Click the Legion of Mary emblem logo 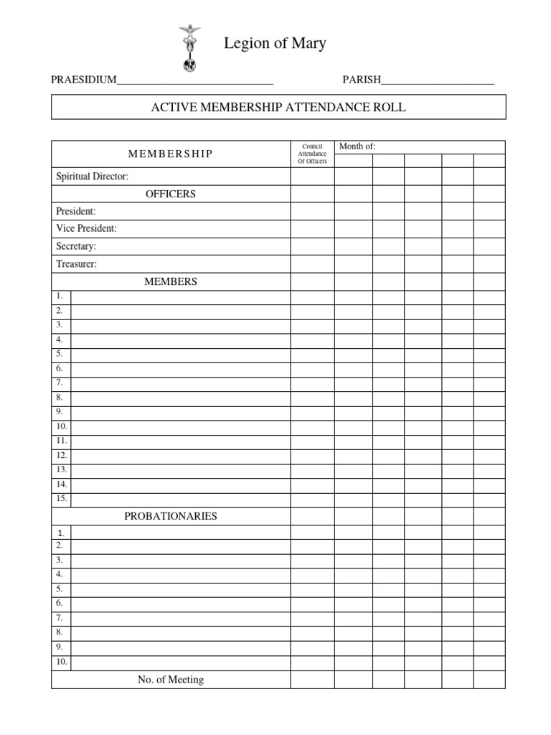(x=190, y=49)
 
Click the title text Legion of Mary (x=275, y=44)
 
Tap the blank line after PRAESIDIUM (x=194, y=80)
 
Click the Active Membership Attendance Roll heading (x=278, y=108)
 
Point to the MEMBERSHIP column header (x=170, y=154)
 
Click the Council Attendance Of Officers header (x=312, y=154)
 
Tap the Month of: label (x=357, y=146)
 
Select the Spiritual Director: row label (x=92, y=176)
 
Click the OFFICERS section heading (x=170, y=194)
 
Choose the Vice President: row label (x=86, y=228)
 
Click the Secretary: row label (x=76, y=246)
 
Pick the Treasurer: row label (x=76, y=264)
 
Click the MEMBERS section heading (x=170, y=281)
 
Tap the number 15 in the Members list (x=62, y=499)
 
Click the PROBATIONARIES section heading (x=170, y=516)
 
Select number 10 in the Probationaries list (x=62, y=662)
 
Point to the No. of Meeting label (x=170, y=680)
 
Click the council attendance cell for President (x=312, y=211)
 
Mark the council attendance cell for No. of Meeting (x=312, y=680)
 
